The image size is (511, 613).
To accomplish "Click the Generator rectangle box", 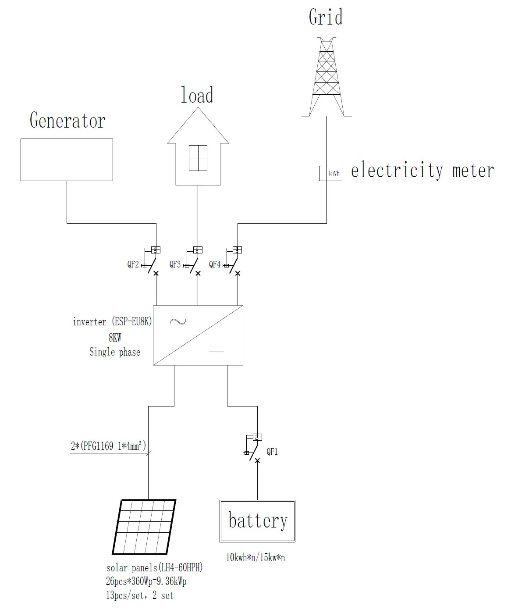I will pyautogui.click(x=67, y=160).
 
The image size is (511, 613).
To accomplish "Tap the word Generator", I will pyautogui.click(x=67, y=120).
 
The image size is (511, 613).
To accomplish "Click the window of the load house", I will pyautogui.click(x=198, y=158).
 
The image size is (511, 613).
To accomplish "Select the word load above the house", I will pyautogui.click(x=197, y=95).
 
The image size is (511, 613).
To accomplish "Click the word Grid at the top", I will pyautogui.click(x=326, y=18).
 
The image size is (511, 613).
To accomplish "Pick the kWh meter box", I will pyautogui.click(x=330, y=173).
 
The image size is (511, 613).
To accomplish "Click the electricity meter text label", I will pyautogui.click(x=422, y=170).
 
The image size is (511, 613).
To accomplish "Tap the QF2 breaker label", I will pyautogui.click(x=133, y=265).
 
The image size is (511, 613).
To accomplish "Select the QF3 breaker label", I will pyautogui.click(x=175, y=265).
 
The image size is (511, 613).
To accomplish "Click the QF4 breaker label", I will pyautogui.click(x=215, y=264).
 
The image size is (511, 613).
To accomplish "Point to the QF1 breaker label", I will pyautogui.click(x=272, y=452).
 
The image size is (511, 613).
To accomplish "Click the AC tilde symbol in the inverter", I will pyautogui.click(x=177, y=322).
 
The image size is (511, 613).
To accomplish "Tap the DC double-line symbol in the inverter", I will pyautogui.click(x=216, y=349).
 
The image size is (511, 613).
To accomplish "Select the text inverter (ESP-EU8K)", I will pyautogui.click(x=112, y=322).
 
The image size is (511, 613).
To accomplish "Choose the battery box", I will pyautogui.click(x=257, y=521).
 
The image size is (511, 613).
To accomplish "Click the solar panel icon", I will pyautogui.click(x=144, y=527).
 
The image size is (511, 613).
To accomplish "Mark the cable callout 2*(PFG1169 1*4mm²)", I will pyautogui.click(x=108, y=447).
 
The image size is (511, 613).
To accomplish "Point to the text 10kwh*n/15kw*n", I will pyautogui.click(x=255, y=558).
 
